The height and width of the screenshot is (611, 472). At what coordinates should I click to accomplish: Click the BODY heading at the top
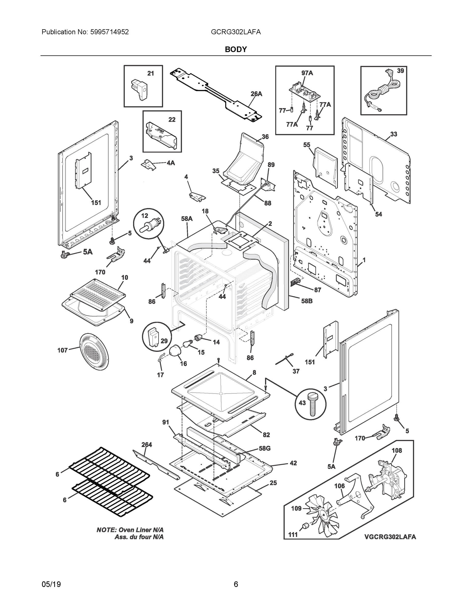236,50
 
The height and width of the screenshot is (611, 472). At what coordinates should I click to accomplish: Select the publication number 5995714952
109,32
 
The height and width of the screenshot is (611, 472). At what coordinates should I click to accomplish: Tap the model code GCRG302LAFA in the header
236,32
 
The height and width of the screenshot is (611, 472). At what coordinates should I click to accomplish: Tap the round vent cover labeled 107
94,351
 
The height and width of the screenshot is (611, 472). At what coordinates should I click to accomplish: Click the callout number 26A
256,94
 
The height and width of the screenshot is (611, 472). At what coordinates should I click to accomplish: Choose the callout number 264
147,444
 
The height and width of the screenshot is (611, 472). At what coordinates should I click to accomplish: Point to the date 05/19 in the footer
51,585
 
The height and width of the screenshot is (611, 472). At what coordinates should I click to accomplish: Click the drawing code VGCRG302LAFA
390,537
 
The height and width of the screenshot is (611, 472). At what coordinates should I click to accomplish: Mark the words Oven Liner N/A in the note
141,530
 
